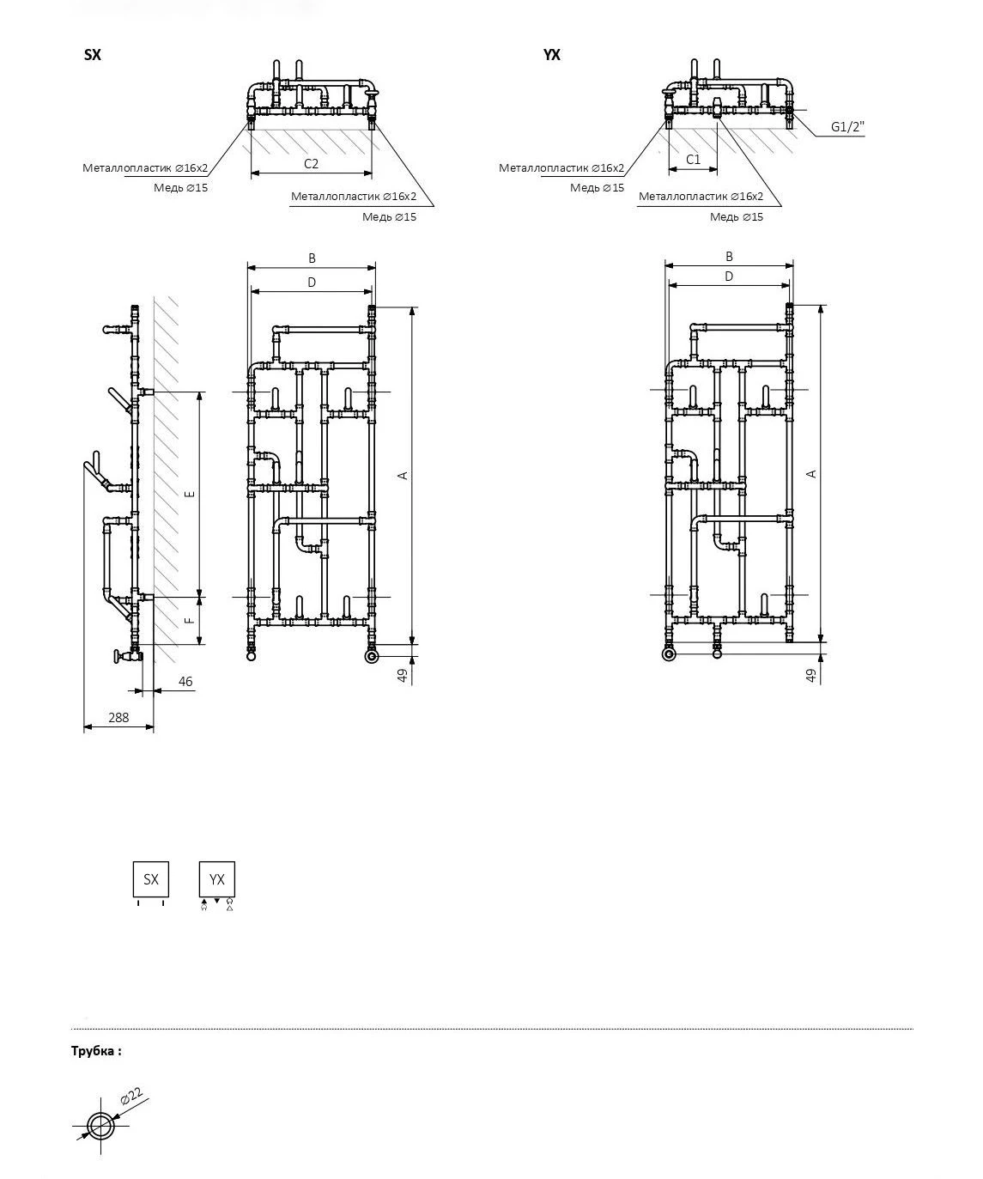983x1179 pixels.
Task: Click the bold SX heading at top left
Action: point(93,55)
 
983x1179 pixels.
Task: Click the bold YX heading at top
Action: point(552,55)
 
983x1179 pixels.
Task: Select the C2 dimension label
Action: point(311,164)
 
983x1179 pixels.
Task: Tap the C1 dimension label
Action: point(693,160)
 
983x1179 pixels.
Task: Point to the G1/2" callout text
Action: point(847,126)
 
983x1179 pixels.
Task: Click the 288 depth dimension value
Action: point(118,717)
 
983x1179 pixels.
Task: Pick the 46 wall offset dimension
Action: point(185,681)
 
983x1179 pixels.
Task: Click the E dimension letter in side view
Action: point(191,494)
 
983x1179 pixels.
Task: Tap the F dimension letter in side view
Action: point(191,621)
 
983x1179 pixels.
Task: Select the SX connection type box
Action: point(151,878)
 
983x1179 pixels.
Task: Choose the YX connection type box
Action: point(217,878)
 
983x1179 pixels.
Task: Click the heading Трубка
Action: point(96,1051)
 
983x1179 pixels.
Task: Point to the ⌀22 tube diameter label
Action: point(131,1097)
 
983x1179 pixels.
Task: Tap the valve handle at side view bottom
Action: point(117,656)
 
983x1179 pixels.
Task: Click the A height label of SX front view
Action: point(403,476)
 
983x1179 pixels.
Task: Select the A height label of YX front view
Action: point(811,474)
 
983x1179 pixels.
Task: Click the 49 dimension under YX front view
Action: point(810,675)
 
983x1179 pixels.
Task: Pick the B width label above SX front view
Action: point(312,258)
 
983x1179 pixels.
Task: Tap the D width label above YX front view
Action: point(729,277)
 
